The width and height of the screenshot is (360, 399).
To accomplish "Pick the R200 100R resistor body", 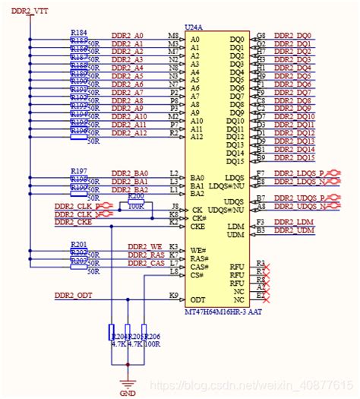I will point(137,204).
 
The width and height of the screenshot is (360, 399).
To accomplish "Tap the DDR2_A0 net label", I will point(128,36).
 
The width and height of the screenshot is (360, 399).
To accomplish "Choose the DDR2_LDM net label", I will point(294,221).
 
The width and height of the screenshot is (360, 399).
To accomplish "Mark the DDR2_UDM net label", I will point(295,230).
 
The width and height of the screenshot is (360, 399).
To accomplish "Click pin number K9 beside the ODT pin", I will point(173,295).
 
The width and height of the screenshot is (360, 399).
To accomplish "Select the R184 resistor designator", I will point(78,32).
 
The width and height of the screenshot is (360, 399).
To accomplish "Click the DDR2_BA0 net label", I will point(130,173).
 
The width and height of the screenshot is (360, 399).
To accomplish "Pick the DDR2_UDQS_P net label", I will point(298,198).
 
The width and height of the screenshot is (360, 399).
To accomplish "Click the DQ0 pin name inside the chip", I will point(237,39).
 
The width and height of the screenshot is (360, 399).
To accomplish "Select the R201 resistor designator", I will point(78,243).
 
